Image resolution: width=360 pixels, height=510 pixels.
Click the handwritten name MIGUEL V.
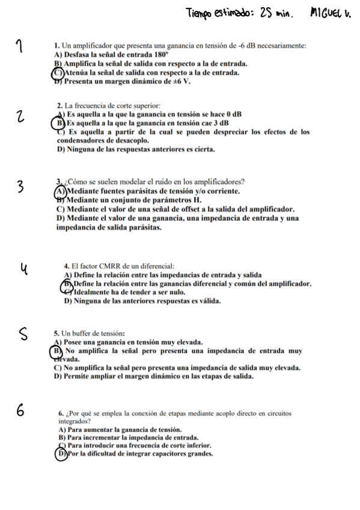(x=331, y=12)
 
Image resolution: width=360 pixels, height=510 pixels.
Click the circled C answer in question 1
(x=58, y=72)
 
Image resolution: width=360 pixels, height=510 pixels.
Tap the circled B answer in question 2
(x=59, y=122)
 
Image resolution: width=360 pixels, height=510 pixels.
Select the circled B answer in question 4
(x=68, y=283)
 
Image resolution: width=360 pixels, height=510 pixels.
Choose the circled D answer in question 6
(x=59, y=455)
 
